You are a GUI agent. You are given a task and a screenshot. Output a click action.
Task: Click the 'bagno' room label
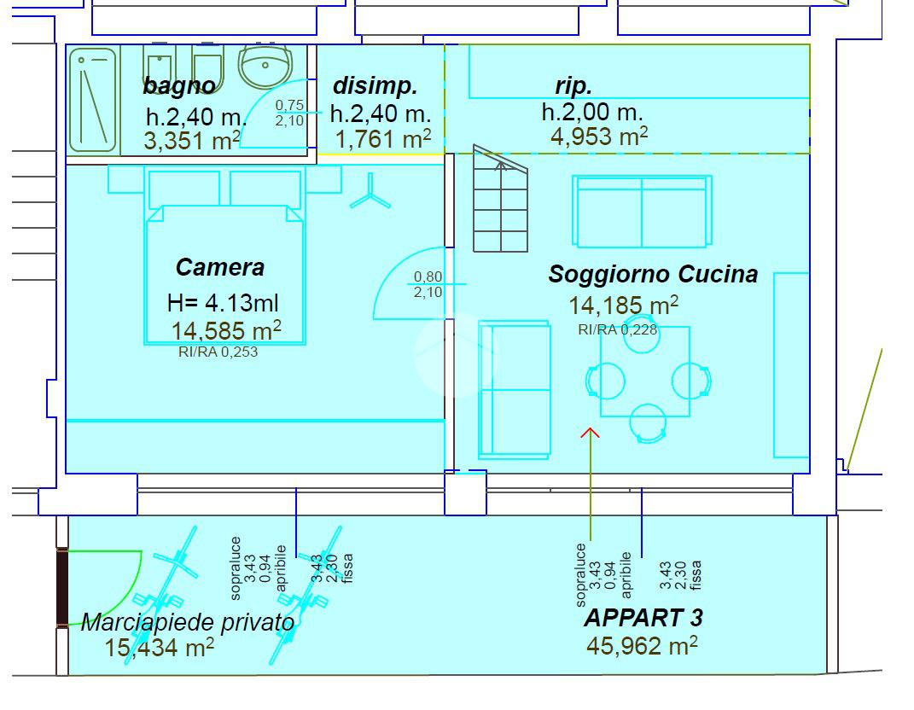179,85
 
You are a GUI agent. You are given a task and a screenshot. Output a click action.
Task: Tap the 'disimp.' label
375,85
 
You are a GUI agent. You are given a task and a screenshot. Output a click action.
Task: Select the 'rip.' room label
573,85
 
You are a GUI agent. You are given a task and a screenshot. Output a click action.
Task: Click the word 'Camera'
220,267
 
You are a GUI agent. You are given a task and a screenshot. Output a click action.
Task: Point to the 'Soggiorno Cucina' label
653,274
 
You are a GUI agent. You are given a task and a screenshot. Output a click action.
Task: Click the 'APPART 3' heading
643,617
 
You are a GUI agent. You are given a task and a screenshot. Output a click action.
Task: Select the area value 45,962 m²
642,645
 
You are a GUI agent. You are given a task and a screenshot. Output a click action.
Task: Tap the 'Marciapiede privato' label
188,622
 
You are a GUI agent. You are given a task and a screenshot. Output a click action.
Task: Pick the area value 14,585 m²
226,330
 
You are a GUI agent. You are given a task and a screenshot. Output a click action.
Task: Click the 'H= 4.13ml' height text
223,302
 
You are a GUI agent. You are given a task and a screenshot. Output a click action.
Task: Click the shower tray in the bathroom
93,99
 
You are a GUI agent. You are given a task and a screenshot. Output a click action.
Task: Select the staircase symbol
501,206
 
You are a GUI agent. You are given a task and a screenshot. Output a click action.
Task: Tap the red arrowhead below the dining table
590,433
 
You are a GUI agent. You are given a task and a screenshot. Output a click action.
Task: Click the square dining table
645,371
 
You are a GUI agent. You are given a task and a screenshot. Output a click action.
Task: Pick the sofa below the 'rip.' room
643,211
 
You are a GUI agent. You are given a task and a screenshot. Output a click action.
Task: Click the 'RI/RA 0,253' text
218,352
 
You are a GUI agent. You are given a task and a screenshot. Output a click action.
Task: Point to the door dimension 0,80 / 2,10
428,284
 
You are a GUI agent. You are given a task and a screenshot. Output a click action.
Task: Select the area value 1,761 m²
384,139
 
